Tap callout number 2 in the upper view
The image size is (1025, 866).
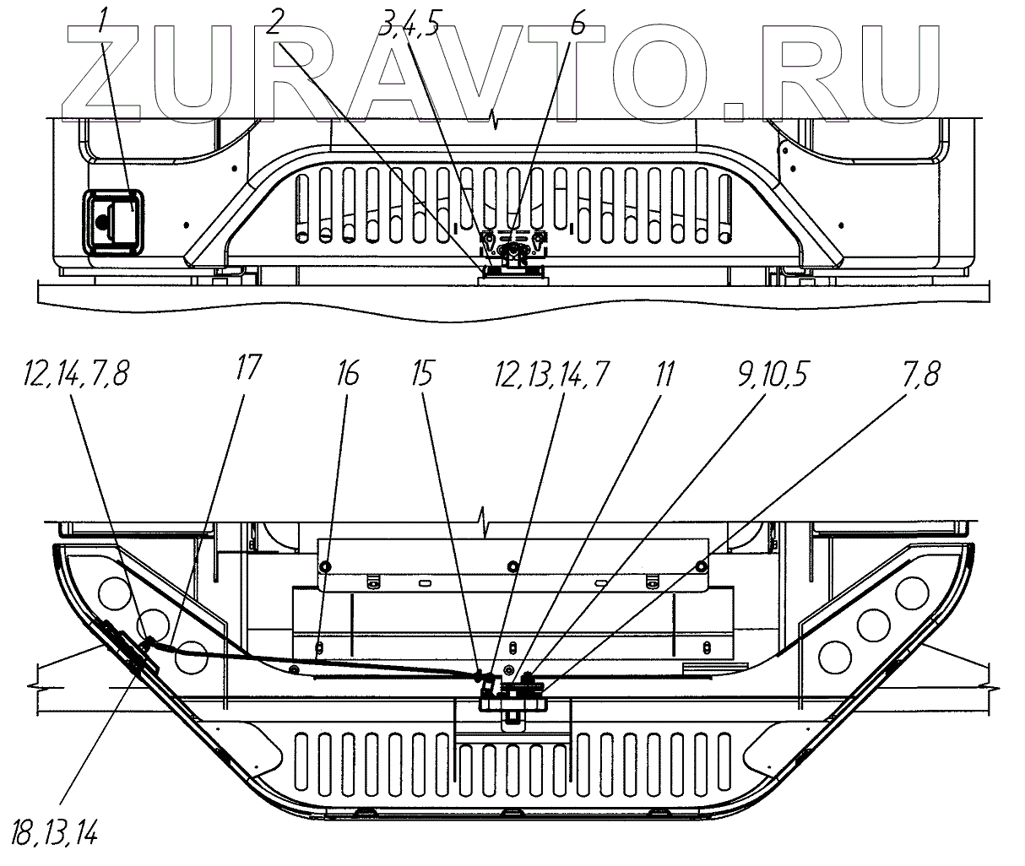click(272, 22)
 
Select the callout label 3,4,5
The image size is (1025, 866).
click(409, 22)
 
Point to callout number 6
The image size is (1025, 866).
click(577, 22)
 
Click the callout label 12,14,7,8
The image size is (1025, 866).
click(75, 374)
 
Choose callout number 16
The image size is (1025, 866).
click(348, 374)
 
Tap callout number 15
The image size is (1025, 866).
click(428, 374)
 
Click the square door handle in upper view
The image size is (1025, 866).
click(112, 220)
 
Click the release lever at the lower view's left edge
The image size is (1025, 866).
click(127, 646)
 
